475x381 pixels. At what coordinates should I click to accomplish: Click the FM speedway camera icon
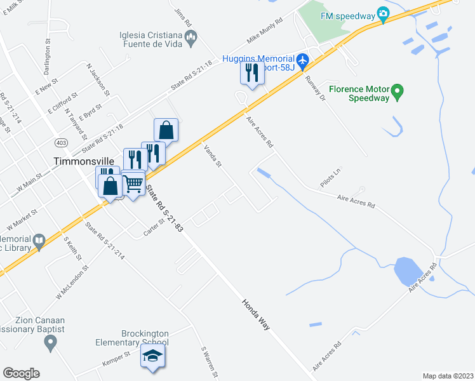(x=383, y=13)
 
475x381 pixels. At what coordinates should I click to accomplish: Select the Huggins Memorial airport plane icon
(x=302, y=62)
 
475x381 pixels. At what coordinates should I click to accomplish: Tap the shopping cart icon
(x=133, y=184)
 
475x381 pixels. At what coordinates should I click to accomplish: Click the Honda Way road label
(x=256, y=314)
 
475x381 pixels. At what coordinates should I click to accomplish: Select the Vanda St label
(x=212, y=156)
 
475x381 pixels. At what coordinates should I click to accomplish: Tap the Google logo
(x=21, y=373)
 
